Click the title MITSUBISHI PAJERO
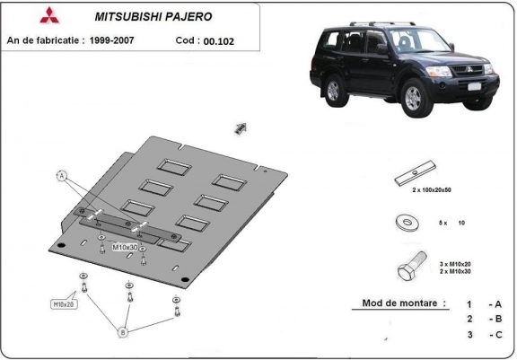click(148, 15)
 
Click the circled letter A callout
click(62, 176)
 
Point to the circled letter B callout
click(123, 331)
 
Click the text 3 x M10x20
click(457, 263)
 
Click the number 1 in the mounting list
click(469, 304)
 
